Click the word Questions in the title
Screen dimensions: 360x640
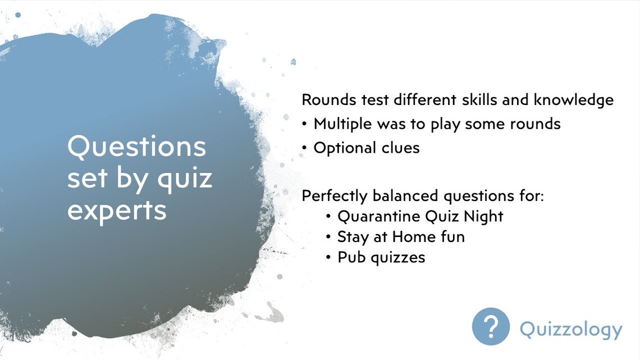(136, 147)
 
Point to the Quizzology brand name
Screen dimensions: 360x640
(571, 329)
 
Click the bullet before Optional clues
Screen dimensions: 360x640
(304, 148)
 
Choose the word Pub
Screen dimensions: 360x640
(351, 257)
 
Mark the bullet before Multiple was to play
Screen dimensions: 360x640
(304, 124)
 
